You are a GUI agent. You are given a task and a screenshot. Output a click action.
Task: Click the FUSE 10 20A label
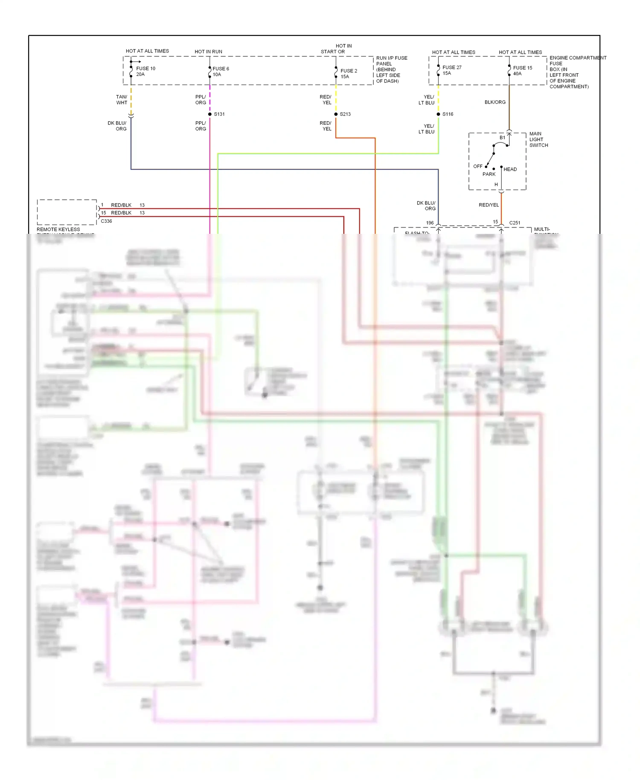pyautogui.click(x=145, y=71)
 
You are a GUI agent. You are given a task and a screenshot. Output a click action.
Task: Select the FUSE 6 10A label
pyautogui.click(x=221, y=71)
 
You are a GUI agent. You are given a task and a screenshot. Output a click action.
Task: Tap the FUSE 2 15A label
pyautogui.click(x=349, y=73)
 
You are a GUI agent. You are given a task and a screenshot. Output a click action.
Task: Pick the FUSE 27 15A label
pyautogui.click(x=451, y=70)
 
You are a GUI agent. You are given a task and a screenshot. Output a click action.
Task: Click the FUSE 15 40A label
pyautogui.click(x=522, y=70)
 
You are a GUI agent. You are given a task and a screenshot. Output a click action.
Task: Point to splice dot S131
pyautogui.click(x=210, y=114)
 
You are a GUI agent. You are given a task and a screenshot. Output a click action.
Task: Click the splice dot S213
pyautogui.click(x=336, y=114)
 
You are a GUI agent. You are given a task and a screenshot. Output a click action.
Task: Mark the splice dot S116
pyautogui.click(x=438, y=114)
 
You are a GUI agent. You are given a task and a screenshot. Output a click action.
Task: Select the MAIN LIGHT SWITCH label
pyautogui.click(x=538, y=140)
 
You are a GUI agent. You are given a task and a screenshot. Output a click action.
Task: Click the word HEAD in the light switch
pyautogui.click(x=510, y=169)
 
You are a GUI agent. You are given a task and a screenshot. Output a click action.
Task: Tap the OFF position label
pyautogui.click(x=477, y=166)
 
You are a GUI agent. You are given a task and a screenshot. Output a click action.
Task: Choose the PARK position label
pyautogui.click(x=489, y=174)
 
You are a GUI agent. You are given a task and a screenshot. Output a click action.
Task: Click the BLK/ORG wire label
pyautogui.click(x=495, y=102)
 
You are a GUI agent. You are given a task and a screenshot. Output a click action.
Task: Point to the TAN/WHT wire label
pyautogui.click(x=122, y=100)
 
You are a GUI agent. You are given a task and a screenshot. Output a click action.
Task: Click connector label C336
pyautogui.click(x=106, y=221)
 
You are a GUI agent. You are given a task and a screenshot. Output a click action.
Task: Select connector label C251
pyautogui.click(x=515, y=223)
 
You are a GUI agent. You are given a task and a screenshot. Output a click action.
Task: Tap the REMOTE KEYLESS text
pyautogui.click(x=58, y=230)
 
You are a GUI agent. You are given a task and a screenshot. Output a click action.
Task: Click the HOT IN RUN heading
pyautogui.click(x=208, y=52)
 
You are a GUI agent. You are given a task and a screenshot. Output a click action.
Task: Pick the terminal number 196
pyautogui.click(x=430, y=223)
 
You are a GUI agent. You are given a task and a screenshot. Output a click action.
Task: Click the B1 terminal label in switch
pyautogui.click(x=502, y=137)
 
